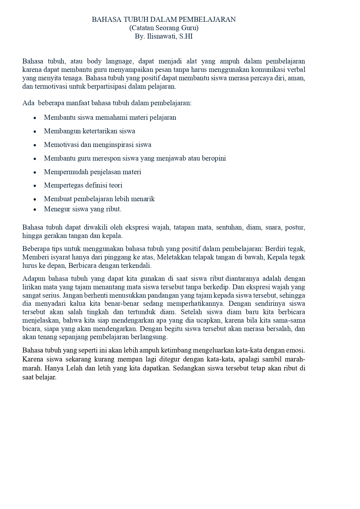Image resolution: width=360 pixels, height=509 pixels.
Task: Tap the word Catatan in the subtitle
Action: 142,28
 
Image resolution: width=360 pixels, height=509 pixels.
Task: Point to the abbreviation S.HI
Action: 186,37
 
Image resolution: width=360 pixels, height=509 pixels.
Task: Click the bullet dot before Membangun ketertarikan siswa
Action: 35,132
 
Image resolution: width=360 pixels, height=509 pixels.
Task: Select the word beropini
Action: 213,158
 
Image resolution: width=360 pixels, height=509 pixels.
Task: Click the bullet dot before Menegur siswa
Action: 35,210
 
